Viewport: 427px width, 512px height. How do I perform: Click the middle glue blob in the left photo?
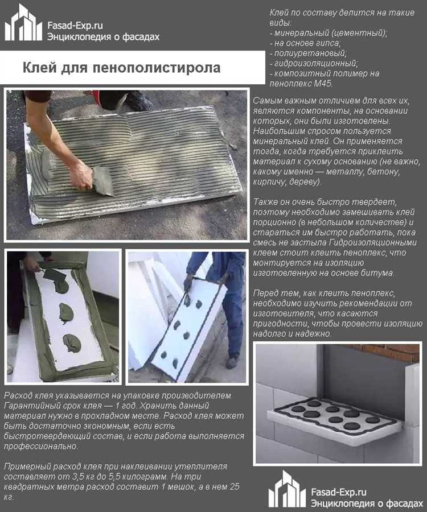(66, 312)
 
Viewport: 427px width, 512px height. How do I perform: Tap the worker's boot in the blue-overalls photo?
(232, 362)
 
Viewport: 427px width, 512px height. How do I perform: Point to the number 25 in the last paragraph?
(236, 487)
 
